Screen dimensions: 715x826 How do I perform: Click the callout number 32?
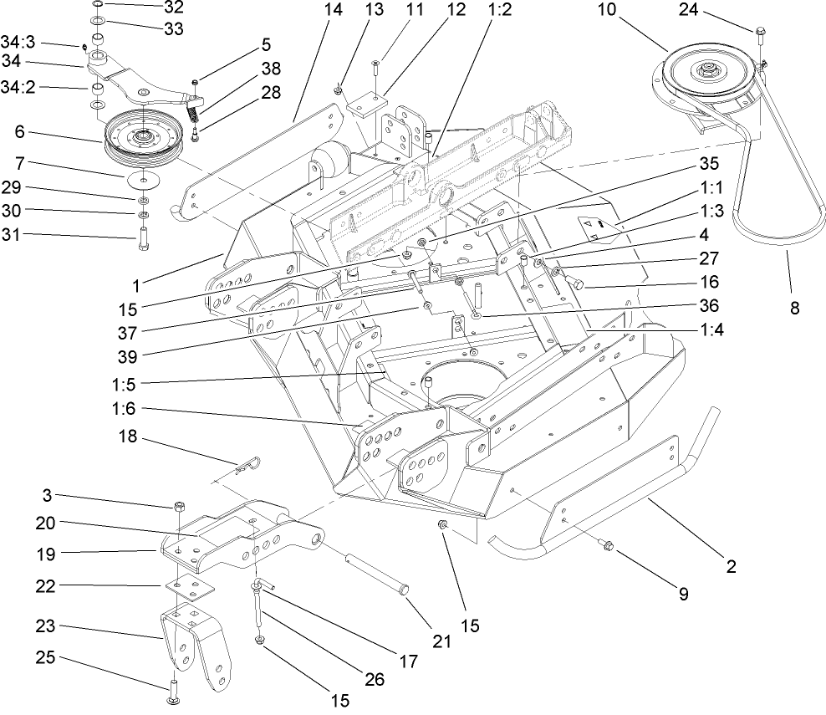tap(174, 8)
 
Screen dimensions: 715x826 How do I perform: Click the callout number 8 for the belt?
tap(794, 308)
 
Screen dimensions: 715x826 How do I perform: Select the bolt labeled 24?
tap(760, 33)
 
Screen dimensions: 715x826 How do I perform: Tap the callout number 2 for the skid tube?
tap(731, 566)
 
